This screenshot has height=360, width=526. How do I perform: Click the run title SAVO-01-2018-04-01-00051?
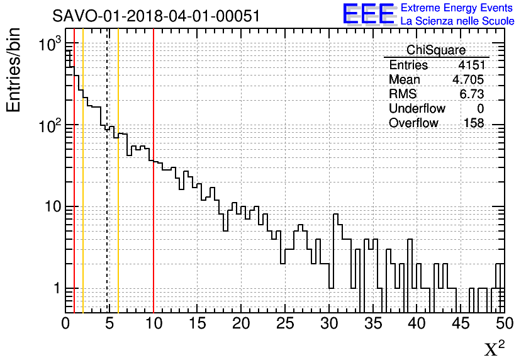pos(156,16)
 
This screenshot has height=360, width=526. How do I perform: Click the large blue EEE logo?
pos(368,14)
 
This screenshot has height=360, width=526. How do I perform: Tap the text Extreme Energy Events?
pos(456,8)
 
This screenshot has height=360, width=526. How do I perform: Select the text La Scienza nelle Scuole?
pos(457,21)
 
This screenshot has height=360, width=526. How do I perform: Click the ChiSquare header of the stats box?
pos(436,50)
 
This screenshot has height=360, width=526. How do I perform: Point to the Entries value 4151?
pos(471,65)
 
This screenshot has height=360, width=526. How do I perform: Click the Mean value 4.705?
pos(468,80)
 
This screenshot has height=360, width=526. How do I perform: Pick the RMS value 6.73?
pos(472,94)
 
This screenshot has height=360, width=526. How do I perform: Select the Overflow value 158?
pos(474,123)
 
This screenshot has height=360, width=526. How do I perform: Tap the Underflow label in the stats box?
pos(417,109)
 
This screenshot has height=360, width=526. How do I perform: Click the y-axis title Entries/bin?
pos(14,70)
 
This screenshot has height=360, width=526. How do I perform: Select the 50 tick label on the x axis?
pos(505,323)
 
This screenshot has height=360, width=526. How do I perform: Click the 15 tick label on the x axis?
pos(198,323)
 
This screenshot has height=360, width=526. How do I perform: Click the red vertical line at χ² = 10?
pos(154,189)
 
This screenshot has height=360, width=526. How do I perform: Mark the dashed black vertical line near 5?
pos(108,189)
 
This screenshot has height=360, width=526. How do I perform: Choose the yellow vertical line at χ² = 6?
pos(118,189)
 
